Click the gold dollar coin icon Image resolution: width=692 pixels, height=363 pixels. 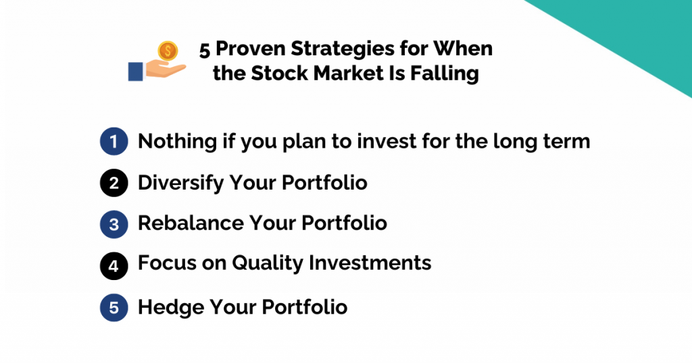pos(167,51)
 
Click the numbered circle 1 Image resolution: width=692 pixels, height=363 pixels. pos(114,142)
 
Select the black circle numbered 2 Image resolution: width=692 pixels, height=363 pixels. pos(114,183)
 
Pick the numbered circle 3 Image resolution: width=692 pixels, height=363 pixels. pos(114,223)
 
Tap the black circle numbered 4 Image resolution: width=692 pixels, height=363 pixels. pos(114,264)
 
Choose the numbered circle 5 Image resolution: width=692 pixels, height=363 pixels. pos(114,308)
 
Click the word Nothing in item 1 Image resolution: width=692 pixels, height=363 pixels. pos(170,142)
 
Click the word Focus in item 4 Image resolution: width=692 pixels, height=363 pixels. pos(162,263)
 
